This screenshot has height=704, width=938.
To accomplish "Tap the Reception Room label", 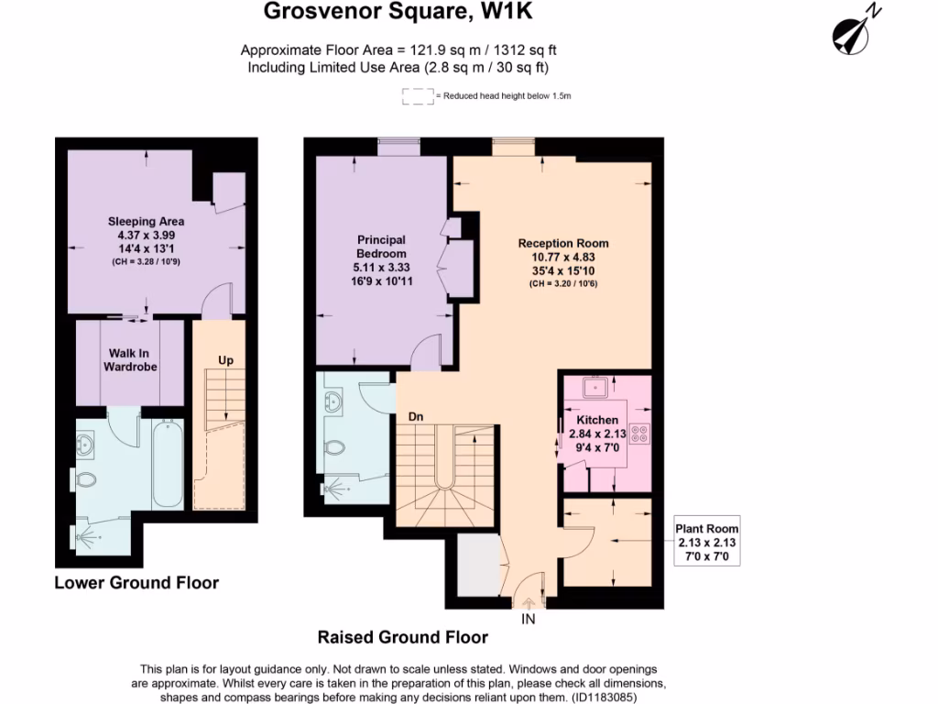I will coord(562,243).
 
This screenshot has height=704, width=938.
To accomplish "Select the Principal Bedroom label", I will coord(382,247).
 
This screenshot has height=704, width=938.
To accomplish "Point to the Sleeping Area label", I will coord(146,221).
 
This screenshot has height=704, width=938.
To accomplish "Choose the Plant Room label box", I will coord(706,542).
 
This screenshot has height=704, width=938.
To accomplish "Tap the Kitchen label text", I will coord(597,420).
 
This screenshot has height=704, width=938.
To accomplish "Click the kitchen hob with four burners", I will coord(638,433).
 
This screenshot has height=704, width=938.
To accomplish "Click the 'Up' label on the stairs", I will coord(225,360).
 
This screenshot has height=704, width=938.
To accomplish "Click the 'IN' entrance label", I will coord(529,619).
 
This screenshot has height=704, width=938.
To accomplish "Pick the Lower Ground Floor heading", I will coord(136,583).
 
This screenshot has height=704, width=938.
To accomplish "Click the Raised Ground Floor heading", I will coord(402,637).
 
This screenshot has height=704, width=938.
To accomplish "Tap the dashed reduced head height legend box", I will coord(418,96).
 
